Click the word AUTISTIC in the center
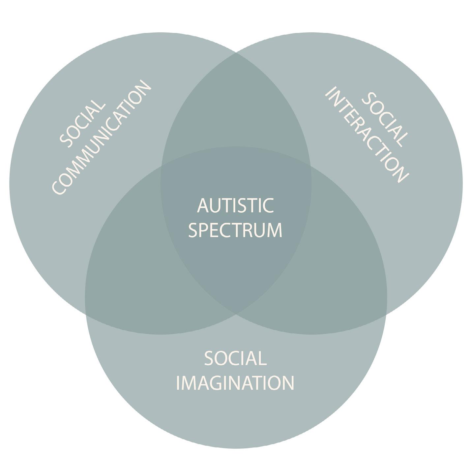tap(235, 205)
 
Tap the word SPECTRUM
tap(235, 230)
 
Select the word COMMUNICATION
tap(102, 138)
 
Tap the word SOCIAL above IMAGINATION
tap(235, 358)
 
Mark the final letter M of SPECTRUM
tap(275, 230)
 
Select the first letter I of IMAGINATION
tap(179, 383)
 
